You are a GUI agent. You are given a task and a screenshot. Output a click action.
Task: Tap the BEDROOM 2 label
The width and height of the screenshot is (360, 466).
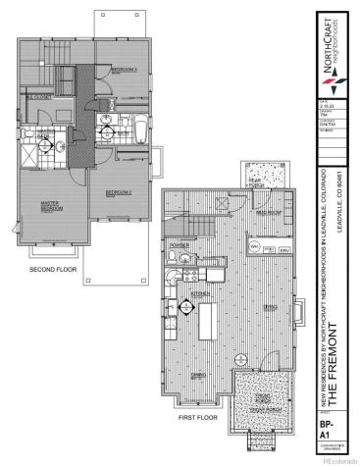121,192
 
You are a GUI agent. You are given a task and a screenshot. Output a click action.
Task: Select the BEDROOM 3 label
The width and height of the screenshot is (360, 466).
124,71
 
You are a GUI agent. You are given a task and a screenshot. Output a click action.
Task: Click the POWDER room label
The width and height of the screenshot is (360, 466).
180,245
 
